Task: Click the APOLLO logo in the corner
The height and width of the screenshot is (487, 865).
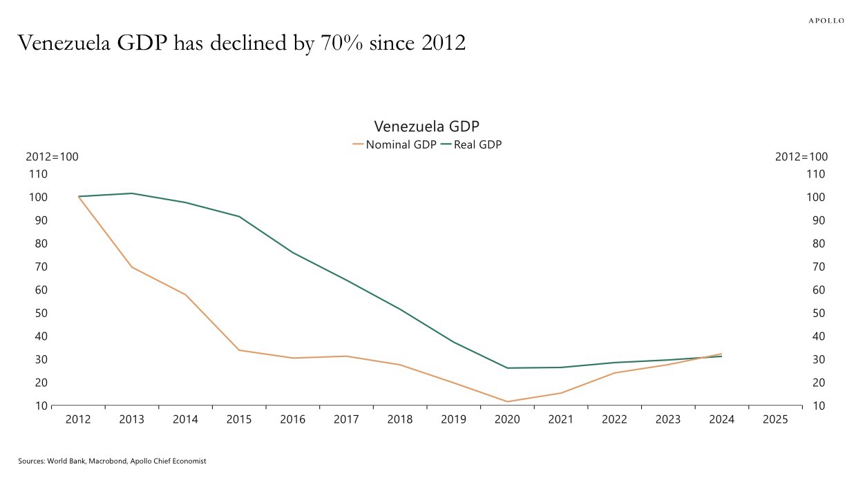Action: [826, 21]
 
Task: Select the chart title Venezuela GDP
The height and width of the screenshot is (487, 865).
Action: [426, 126]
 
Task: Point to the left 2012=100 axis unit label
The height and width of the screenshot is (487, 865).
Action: [53, 157]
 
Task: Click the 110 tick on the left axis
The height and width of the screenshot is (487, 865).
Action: [38, 174]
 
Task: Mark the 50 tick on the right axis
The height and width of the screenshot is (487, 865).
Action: [817, 313]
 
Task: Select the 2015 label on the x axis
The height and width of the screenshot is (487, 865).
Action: [239, 419]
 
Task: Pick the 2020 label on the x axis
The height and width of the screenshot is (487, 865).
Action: [508, 419]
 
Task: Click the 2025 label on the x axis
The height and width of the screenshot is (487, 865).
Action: [775, 419]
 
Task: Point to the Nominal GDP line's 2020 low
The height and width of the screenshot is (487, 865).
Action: [508, 401]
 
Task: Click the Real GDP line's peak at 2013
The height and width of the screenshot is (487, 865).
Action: [132, 193]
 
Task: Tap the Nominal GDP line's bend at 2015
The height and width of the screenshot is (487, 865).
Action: [239, 350]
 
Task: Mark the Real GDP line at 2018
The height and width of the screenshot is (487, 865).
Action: [400, 309]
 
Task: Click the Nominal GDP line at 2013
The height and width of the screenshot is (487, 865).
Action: [132, 267]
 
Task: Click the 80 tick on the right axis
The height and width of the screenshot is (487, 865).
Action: [817, 243]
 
